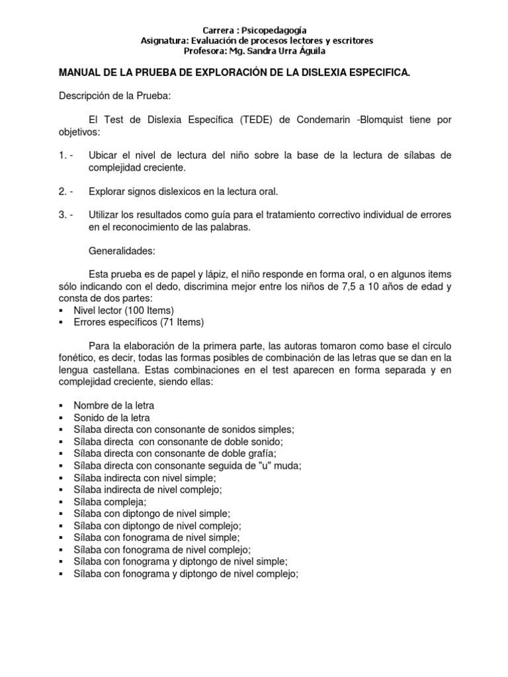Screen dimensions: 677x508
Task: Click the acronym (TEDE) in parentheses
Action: [243, 120]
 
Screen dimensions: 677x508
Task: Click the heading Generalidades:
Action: [122, 251]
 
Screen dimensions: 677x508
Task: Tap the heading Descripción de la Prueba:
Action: [115, 96]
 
